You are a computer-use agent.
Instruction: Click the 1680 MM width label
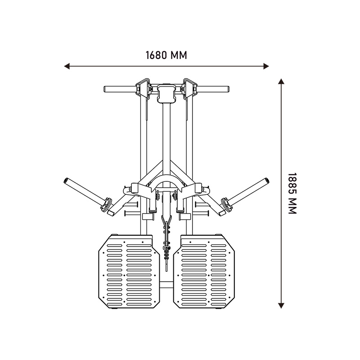click(166, 55)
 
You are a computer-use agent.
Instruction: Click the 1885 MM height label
click(292, 193)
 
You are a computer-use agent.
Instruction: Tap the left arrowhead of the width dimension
click(67, 67)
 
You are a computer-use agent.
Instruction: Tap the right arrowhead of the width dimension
click(266, 67)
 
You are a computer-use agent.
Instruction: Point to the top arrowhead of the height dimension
click(281, 81)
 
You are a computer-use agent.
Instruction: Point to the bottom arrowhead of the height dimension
click(281, 306)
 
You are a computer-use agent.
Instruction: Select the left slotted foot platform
click(129, 272)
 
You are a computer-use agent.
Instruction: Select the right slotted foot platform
click(204, 272)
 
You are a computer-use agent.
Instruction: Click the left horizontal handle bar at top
click(120, 89)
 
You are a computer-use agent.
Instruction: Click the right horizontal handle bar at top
click(213, 89)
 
